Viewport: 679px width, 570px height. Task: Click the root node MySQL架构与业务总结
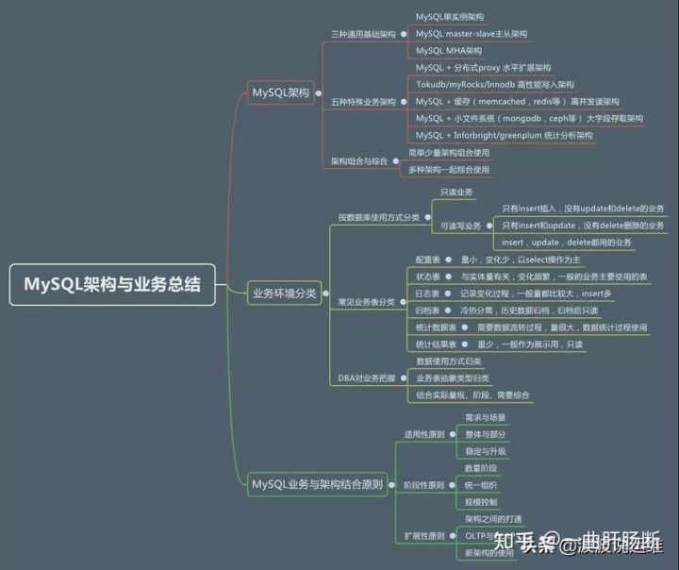coord(112,284)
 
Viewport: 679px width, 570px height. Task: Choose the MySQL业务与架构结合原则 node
coord(317,485)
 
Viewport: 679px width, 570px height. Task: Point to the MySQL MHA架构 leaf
coord(448,50)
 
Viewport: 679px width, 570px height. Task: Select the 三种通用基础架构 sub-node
coord(363,33)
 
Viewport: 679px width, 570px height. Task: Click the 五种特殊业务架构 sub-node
coord(363,101)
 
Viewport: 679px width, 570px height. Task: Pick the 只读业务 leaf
coord(456,192)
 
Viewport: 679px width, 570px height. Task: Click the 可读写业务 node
coord(460,226)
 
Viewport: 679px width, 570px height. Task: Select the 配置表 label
coord(428,260)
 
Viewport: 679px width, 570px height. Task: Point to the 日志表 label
coord(428,293)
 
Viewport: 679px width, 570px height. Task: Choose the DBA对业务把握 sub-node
coord(366,377)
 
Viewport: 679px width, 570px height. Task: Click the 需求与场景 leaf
coord(485,417)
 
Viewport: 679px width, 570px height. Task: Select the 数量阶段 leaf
coord(481,468)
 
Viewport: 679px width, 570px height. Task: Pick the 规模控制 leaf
coord(481,502)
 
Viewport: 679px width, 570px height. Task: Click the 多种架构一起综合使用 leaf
coord(448,170)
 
